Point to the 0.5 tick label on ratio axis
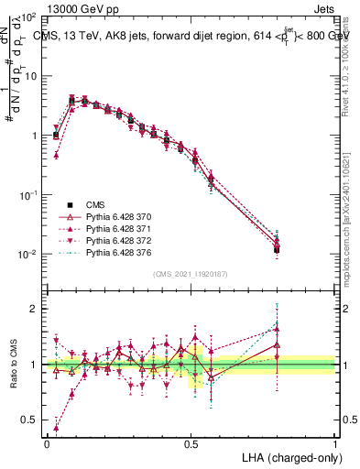(29, 420)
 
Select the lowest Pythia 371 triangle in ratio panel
(56, 428)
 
